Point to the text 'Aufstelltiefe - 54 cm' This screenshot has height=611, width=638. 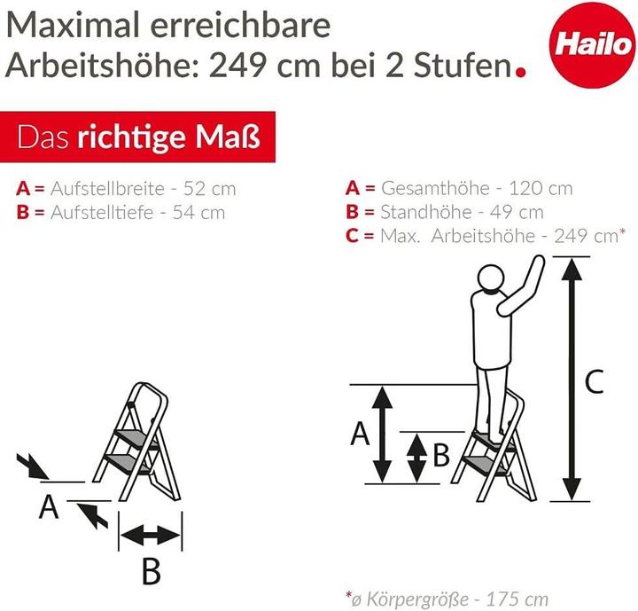click(137, 212)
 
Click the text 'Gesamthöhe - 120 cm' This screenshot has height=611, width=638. click(476, 189)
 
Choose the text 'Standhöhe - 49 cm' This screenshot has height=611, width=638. click(462, 212)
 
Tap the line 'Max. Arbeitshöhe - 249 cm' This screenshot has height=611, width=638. click(497, 236)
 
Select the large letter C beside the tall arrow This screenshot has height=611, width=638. click(595, 382)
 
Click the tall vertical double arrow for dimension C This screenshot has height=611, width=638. click(571, 378)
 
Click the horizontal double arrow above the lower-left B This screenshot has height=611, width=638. click(150, 534)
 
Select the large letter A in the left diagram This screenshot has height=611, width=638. click(50, 507)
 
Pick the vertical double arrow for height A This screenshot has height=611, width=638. click(381, 434)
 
